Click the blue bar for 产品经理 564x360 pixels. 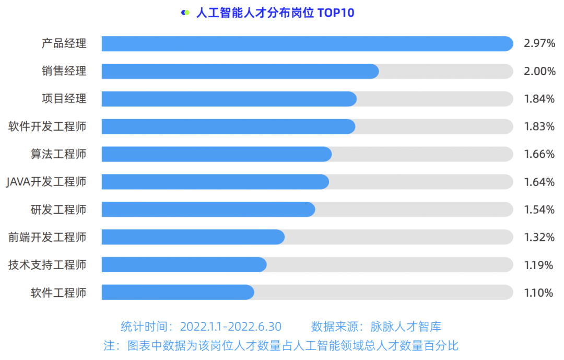point(307,44)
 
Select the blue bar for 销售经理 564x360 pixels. point(240,72)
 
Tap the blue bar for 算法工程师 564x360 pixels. point(217,154)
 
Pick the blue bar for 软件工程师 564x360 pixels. point(178,293)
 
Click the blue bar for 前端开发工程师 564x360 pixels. point(193,237)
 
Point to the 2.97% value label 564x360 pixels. point(539,44)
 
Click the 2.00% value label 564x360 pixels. point(539,72)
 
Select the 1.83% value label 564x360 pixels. point(539,126)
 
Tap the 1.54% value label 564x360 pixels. point(539,210)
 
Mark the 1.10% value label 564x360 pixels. point(538,293)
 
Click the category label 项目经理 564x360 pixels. point(64,99)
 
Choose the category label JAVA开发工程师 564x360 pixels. point(46,182)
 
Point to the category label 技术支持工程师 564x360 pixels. point(47,265)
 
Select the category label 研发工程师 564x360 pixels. point(58,210)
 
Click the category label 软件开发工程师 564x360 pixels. point(47,126)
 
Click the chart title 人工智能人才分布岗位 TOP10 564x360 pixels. point(275,13)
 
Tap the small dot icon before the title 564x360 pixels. point(185,13)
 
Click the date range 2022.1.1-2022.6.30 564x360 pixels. point(231,327)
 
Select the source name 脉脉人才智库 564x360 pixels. point(406,327)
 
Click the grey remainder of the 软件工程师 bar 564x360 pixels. point(384,293)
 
